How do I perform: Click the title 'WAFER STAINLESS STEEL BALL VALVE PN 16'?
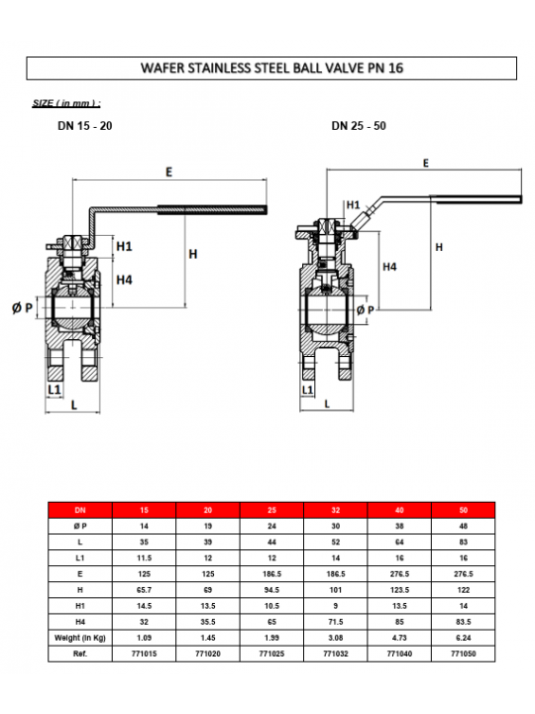click(271, 68)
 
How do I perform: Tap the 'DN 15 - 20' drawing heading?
click(85, 126)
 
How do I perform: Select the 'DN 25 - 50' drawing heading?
click(359, 126)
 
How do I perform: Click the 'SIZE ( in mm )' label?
click(66, 103)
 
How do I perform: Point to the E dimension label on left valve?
click(169, 173)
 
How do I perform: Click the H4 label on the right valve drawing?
click(389, 267)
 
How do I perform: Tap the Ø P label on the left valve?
click(22, 308)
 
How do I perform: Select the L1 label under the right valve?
click(307, 390)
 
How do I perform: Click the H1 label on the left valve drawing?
click(124, 246)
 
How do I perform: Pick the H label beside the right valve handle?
click(439, 247)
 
